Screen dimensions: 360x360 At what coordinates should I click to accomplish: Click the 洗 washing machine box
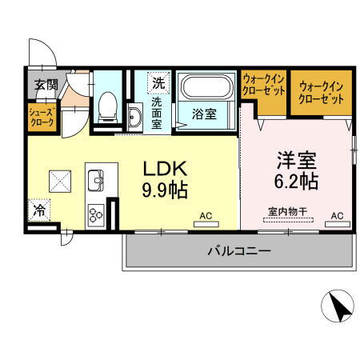click(x=159, y=82)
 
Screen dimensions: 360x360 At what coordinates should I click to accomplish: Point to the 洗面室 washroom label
click(x=158, y=113)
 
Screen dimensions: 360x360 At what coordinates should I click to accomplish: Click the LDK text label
click(x=165, y=169)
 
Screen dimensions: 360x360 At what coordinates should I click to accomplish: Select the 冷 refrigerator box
click(x=38, y=212)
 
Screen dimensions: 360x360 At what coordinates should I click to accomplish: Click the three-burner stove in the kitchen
click(x=97, y=213)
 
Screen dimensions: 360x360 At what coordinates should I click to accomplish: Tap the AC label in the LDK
click(x=206, y=215)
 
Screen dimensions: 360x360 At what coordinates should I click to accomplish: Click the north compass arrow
click(x=339, y=306)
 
